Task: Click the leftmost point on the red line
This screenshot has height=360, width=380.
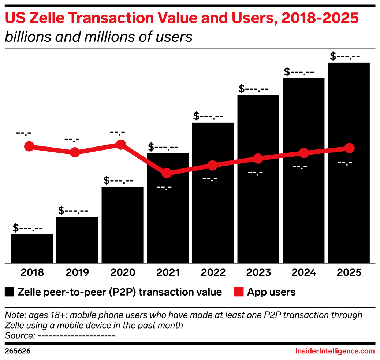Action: click(29, 146)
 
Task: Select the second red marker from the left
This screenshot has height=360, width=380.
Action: click(75, 152)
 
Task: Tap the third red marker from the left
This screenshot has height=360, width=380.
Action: click(121, 144)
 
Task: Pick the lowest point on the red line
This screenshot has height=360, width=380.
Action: click(167, 173)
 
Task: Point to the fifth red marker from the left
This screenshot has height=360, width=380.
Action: click(212, 165)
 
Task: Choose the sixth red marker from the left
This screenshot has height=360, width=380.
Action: click(258, 159)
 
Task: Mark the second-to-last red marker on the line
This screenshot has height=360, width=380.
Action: click(303, 153)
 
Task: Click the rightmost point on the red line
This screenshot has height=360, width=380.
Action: click(350, 148)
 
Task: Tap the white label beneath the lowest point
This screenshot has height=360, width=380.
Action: click(164, 188)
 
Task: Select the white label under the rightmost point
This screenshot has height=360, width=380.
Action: click(344, 163)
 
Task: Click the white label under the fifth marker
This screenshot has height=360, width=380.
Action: click(210, 179)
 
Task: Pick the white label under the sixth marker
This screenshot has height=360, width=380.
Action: click(256, 173)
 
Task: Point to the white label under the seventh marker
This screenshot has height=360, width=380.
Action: click(299, 167)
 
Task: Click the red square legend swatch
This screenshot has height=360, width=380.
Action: click(239, 292)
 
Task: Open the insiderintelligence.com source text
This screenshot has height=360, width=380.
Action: click(335, 351)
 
